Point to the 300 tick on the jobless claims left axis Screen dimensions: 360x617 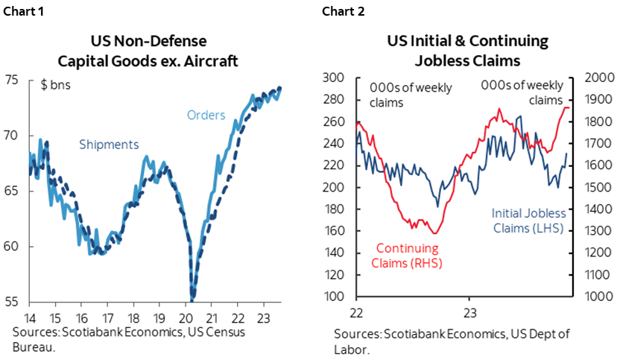click(x=334, y=78)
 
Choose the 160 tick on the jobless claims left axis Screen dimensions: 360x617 click(x=334, y=232)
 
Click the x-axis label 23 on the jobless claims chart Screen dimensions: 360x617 click(x=469, y=312)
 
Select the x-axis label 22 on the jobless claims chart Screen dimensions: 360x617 click(x=356, y=312)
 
